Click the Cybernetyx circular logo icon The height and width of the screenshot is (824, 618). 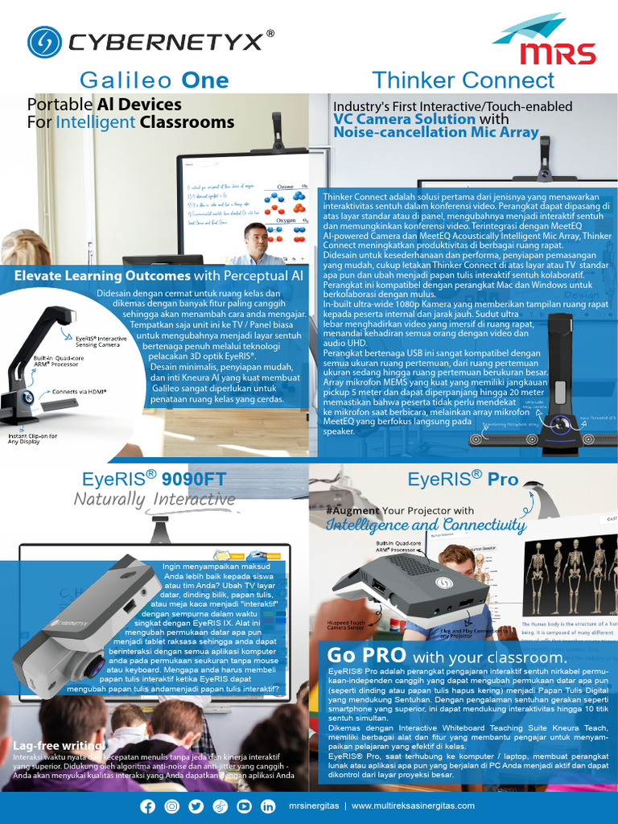pyautogui.click(x=44, y=43)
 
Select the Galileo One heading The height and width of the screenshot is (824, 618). pyautogui.click(x=154, y=80)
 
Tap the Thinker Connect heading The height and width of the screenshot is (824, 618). pyautogui.click(x=463, y=80)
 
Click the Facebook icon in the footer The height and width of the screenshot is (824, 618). pyautogui.click(x=148, y=806)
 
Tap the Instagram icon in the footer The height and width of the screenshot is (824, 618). pyautogui.click(x=172, y=806)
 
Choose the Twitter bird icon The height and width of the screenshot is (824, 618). pyautogui.click(x=196, y=806)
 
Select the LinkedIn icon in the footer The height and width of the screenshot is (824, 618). pyautogui.click(x=268, y=806)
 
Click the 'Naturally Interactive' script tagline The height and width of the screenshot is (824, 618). pyautogui.click(x=154, y=500)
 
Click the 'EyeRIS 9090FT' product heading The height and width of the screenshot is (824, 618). pyautogui.click(x=154, y=480)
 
